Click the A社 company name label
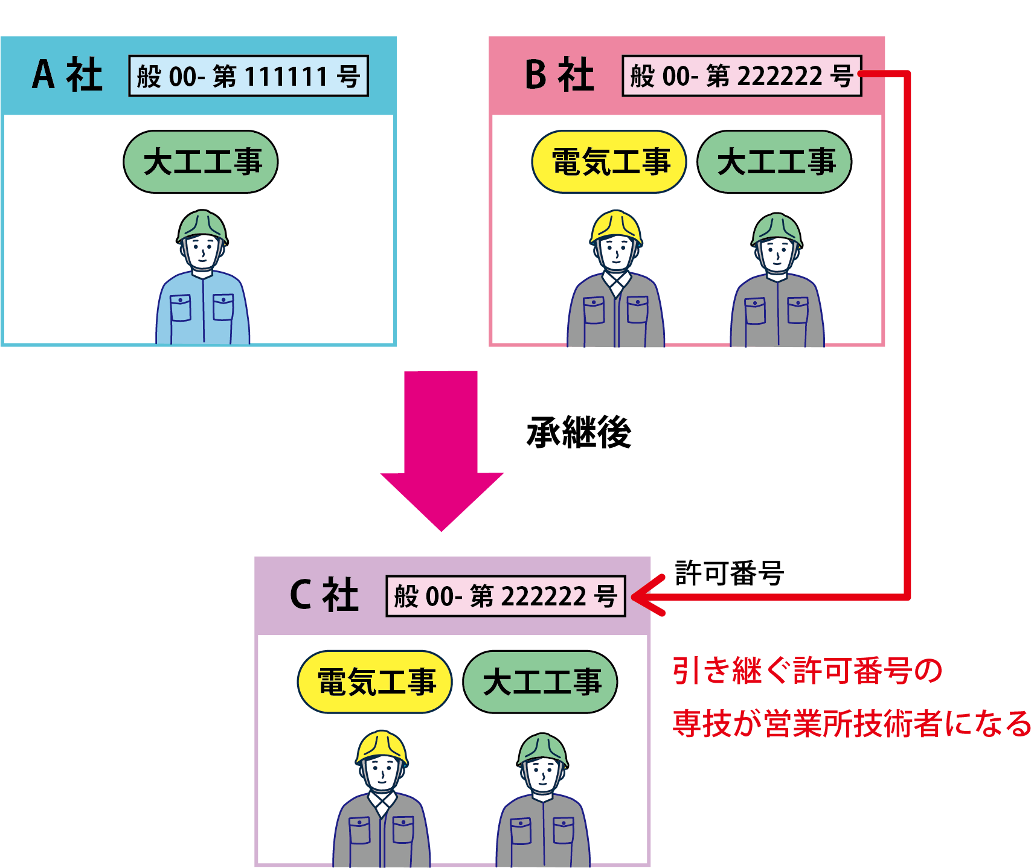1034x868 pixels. pyautogui.click(x=67, y=75)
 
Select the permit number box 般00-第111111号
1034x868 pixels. pyautogui.click(x=248, y=76)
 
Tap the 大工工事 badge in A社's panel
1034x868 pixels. pyautogui.click(x=201, y=162)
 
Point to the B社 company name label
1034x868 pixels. pyautogui.click(x=559, y=75)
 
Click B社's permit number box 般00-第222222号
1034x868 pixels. pyautogui.click(x=742, y=76)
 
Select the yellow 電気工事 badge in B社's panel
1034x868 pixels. pyautogui.click(x=609, y=162)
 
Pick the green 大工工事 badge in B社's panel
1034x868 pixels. pyautogui.click(x=774, y=162)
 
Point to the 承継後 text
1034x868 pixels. pyautogui.click(x=579, y=432)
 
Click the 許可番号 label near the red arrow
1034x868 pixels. pyautogui.click(x=729, y=573)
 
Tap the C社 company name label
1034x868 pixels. pyautogui.click(x=324, y=595)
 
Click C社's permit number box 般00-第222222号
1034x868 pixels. pyautogui.click(x=506, y=596)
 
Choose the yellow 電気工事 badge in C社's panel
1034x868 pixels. pyautogui.click(x=375, y=682)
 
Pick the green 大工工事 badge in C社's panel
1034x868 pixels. pyautogui.click(x=541, y=682)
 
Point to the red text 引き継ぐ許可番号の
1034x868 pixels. pyautogui.click(x=807, y=671)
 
